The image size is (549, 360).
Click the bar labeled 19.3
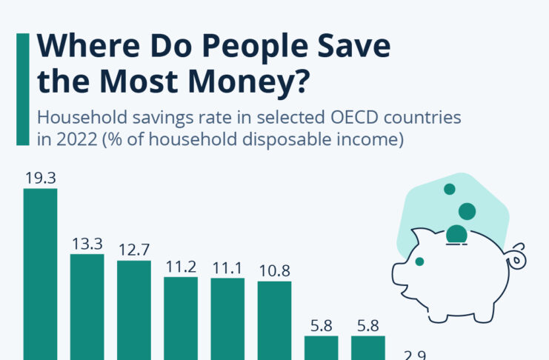tap(40, 274)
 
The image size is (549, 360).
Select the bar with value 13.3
tap(87, 307)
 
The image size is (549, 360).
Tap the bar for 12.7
tap(133, 310)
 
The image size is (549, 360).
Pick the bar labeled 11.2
tap(180, 318)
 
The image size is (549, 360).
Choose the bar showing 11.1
tap(227, 319)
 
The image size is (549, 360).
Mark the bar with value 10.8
tap(274, 320)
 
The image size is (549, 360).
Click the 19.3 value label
tap(40, 178)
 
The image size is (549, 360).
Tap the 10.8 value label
tap(274, 270)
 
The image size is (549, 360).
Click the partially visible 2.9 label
tap(415, 355)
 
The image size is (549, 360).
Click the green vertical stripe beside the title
tap(22, 89)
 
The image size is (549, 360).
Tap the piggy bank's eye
tap(419, 261)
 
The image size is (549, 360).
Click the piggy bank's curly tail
tap(516, 256)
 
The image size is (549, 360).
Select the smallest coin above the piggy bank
tap(449, 190)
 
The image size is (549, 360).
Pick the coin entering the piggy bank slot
tap(456, 236)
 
